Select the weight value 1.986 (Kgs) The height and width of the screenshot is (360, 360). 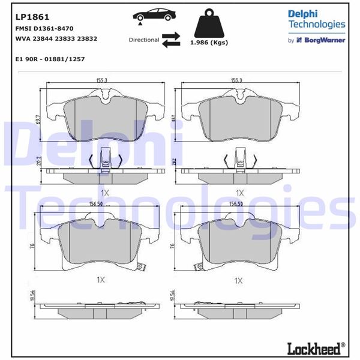pyautogui.click(x=209, y=43)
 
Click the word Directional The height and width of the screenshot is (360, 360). pyautogui.click(x=143, y=40)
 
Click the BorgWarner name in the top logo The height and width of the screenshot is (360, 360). pyautogui.click(x=325, y=40)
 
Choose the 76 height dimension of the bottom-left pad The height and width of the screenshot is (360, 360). pyautogui.click(x=38, y=246)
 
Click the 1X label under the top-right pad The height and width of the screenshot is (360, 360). pyautogui.click(x=239, y=193)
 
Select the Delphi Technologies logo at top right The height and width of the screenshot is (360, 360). pyautogui.click(x=316, y=19)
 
